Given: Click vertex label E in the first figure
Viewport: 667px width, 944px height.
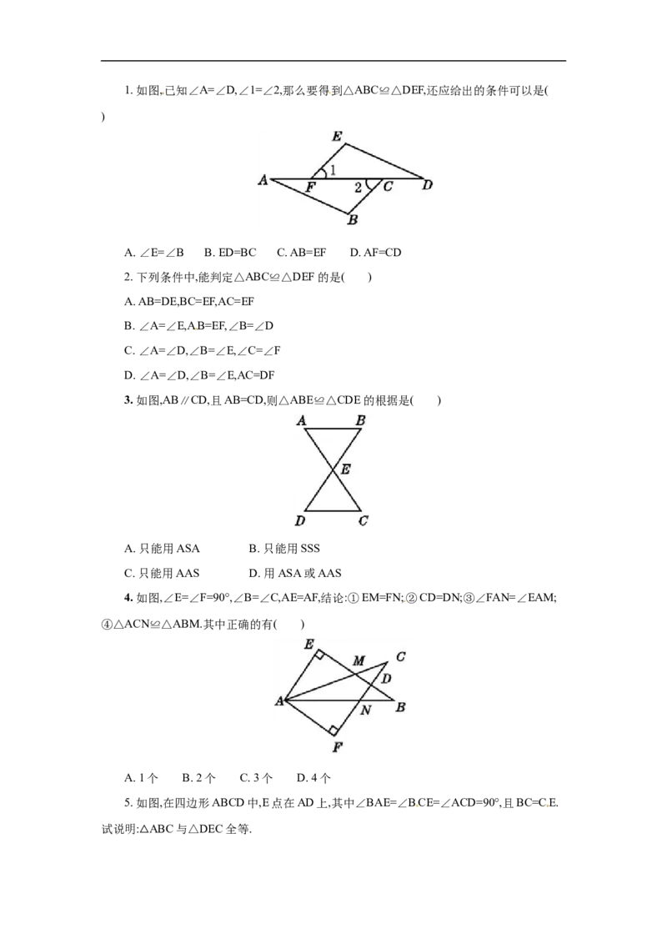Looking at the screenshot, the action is [x=337, y=137].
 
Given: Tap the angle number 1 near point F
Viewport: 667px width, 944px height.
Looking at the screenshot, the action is [x=333, y=170].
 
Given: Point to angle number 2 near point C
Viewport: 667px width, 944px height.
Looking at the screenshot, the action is [x=358, y=188].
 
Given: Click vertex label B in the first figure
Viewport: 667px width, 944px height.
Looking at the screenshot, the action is [x=353, y=220].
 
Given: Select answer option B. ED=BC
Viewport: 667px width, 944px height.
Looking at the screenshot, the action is [x=230, y=253].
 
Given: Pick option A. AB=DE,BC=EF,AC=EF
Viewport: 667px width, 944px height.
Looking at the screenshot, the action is [x=189, y=302].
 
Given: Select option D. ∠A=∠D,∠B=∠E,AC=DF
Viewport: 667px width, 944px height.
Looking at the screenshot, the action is [x=199, y=375].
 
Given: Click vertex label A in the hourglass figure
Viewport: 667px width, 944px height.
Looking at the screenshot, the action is [x=302, y=420].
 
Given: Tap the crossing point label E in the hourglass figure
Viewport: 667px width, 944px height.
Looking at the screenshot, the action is [x=345, y=469].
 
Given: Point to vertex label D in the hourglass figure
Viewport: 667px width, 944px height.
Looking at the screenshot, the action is [x=300, y=520].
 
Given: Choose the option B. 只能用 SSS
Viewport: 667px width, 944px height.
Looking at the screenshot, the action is [x=284, y=549].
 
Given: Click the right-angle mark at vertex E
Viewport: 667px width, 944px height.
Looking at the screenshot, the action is [x=320, y=655].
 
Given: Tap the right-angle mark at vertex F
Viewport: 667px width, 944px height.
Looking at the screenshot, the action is [x=333, y=731].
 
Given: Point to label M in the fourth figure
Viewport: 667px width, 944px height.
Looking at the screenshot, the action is [x=359, y=660].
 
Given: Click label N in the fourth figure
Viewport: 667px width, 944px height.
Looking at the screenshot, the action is [x=366, y=711].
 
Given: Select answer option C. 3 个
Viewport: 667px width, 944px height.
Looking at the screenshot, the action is [x=257, y=778].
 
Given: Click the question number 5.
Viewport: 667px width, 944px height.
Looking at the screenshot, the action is [x=128, y=802].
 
